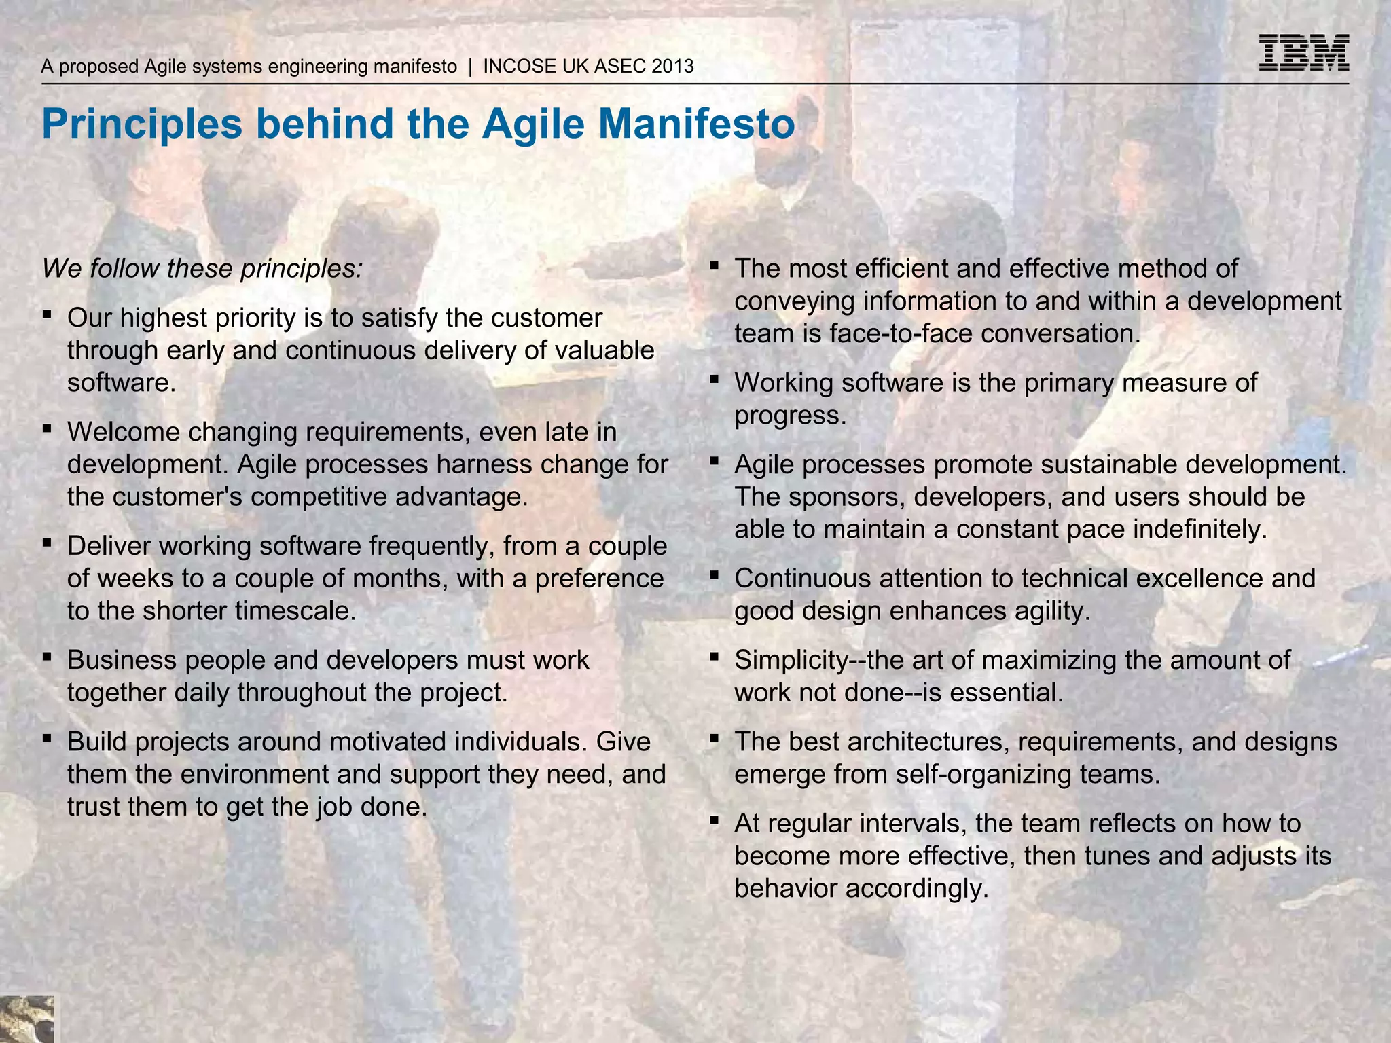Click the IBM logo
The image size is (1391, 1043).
1303,53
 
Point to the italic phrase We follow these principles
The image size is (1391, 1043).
202,269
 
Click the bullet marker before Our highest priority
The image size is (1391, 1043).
46,314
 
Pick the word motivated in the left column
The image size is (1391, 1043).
389,742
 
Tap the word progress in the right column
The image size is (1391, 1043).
789,416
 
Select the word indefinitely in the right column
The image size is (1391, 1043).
1199,530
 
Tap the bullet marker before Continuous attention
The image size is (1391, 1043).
714,575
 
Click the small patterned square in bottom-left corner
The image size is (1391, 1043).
26,1019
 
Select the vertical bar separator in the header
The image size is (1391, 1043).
470,67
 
